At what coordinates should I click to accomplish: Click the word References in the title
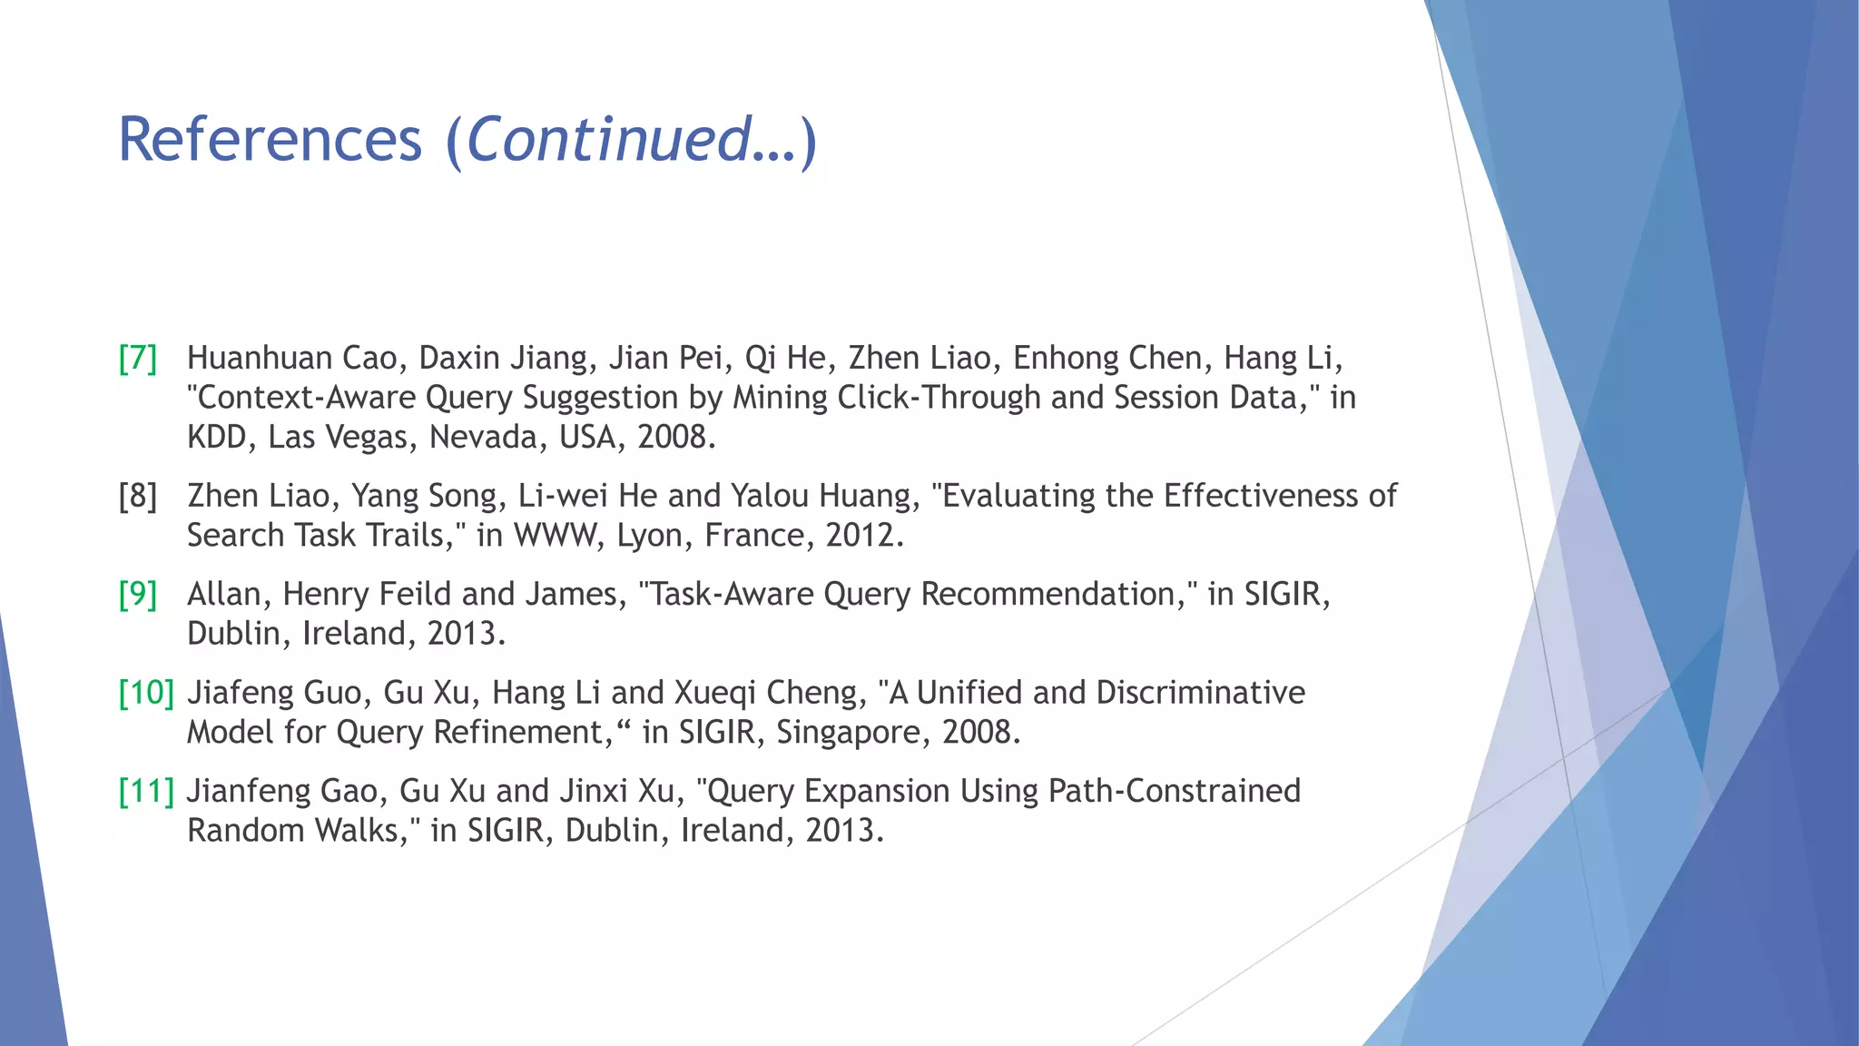270,140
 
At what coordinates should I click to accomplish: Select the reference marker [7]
138,359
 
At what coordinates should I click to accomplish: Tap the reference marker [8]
138,497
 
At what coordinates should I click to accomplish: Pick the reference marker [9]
138,595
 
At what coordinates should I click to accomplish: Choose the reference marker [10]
146,694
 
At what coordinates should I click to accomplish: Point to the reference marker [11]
146,792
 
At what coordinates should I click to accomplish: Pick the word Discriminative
1200,694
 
